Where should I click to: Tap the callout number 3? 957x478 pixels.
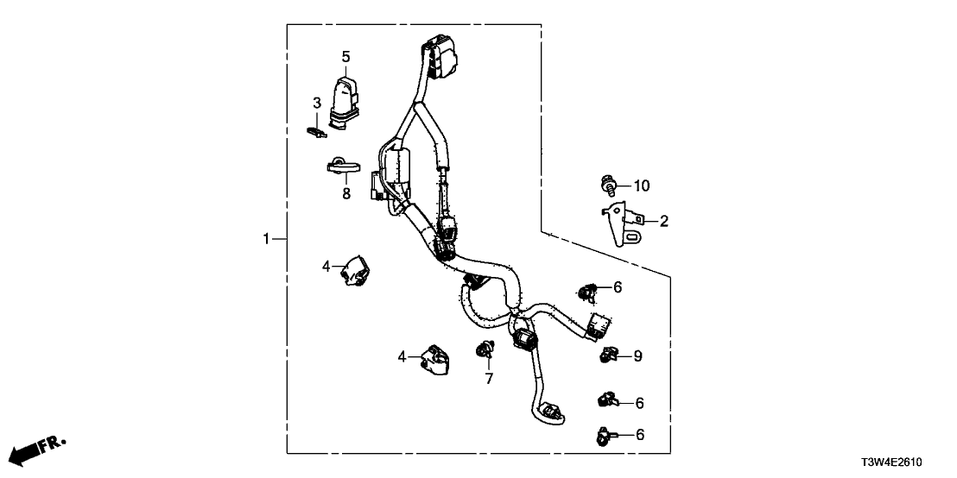(x=317, y=104)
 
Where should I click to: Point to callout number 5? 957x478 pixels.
(x=345, y=58)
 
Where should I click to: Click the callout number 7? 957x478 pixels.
(x=488, y=378)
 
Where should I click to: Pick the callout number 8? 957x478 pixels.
(x=346, y=194)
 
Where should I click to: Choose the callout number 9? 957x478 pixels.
(x=638, y=355)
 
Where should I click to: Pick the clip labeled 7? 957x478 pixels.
(x=485, y=350)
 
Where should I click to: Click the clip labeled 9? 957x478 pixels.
(x=609, y=354)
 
